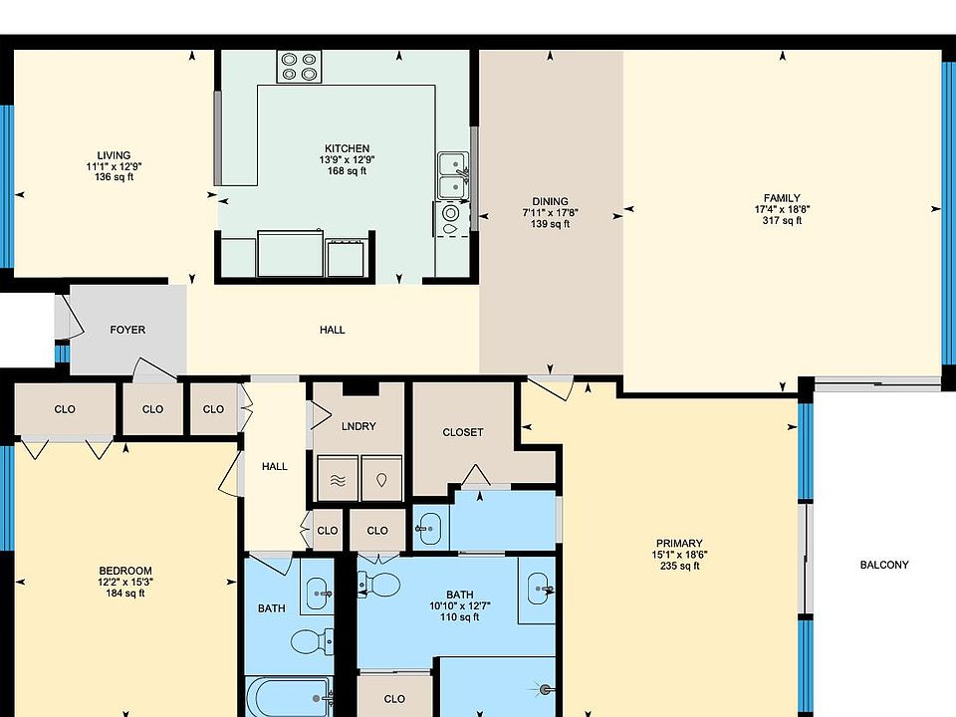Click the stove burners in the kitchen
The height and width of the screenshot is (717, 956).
tap(300, 67)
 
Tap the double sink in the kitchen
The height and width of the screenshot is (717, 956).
tap(453, 174)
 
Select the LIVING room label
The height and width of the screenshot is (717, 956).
tap(108, 155)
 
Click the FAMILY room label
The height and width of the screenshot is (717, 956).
tap(778, 199)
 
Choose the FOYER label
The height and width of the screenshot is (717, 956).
tap(127, 330)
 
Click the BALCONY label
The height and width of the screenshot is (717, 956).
tap(883, 565)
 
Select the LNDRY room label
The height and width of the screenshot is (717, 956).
tap(358, 426)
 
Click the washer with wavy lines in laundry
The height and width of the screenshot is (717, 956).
tap(337, 478)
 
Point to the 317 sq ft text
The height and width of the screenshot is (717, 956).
tap(778, 221)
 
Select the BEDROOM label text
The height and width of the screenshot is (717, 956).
tap(124, 571)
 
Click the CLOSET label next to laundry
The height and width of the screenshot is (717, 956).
tap(462, 432)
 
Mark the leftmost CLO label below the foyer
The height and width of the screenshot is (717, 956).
tap(65, 408)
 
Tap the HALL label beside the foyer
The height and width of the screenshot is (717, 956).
tap(333, 330)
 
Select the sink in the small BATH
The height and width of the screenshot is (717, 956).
tap(319, 594)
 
